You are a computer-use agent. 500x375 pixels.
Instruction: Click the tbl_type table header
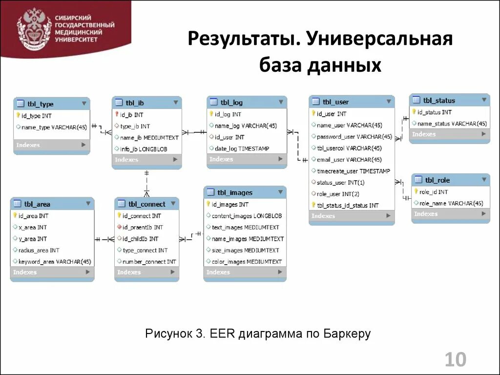click(41, 104)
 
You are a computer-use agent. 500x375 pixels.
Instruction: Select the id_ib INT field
click(132, 115)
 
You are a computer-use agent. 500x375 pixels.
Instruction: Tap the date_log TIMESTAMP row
click(242, 148)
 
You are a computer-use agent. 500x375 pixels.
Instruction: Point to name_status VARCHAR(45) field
click(452, 124)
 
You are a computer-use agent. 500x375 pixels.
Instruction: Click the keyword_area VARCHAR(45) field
click(54, 262)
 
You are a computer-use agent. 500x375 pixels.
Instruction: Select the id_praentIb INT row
click(143, 227)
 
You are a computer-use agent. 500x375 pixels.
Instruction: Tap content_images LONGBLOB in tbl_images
click(247, 215)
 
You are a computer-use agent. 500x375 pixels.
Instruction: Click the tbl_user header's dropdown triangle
click(389, 102)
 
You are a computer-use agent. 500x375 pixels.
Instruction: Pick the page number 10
click(455, 360)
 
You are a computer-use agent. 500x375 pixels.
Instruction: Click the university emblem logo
click(34, 29)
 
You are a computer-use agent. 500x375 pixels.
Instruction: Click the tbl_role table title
click(437, 180)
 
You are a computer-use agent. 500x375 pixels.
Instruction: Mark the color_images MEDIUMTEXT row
click(247, 262)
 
